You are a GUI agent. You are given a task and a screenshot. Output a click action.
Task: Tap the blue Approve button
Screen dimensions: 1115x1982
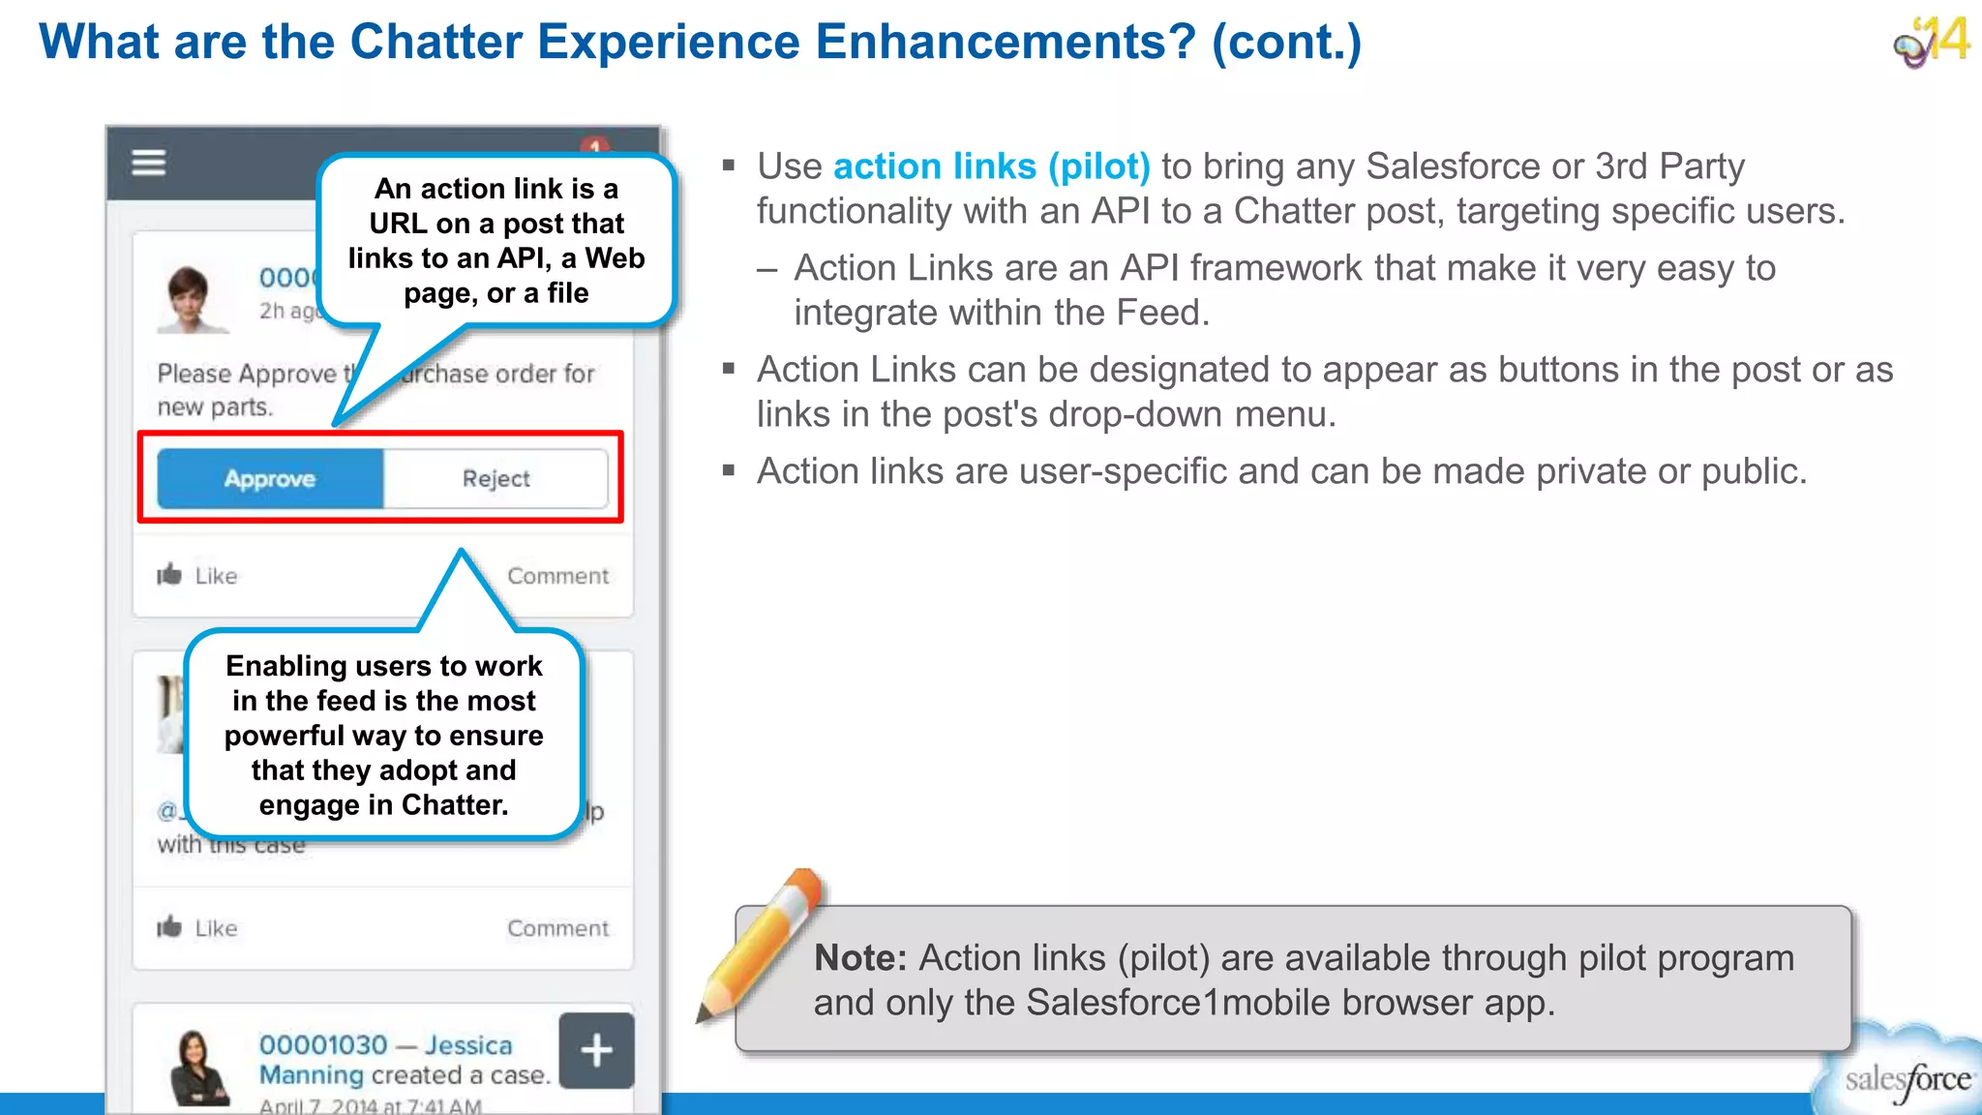click(x=270, y=478)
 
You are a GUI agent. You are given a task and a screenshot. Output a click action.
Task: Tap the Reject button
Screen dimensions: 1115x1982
click(x=495, y=478)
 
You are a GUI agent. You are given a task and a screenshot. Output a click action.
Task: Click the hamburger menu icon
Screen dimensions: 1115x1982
click(x=149, y=163)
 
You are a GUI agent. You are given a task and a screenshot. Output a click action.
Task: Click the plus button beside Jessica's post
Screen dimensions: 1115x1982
click(x=596, y=1050)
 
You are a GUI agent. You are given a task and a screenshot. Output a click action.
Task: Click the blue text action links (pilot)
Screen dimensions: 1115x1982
click(x=991, y=166)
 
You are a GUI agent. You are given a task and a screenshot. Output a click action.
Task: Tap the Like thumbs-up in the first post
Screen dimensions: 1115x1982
click(x=170, y=575)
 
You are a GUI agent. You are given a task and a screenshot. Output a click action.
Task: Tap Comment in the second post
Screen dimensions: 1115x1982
click(x=557, y=928)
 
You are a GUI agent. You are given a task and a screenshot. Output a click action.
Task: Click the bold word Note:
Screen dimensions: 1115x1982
click(x=859, y=958)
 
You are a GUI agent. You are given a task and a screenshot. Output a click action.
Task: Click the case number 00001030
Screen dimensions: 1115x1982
click(x=323, y=1045)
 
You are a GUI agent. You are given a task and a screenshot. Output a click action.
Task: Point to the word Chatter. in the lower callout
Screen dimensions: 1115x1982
click(x=455, y=805)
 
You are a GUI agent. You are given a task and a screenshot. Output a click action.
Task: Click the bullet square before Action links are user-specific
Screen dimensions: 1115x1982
click(x=729, y=471)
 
